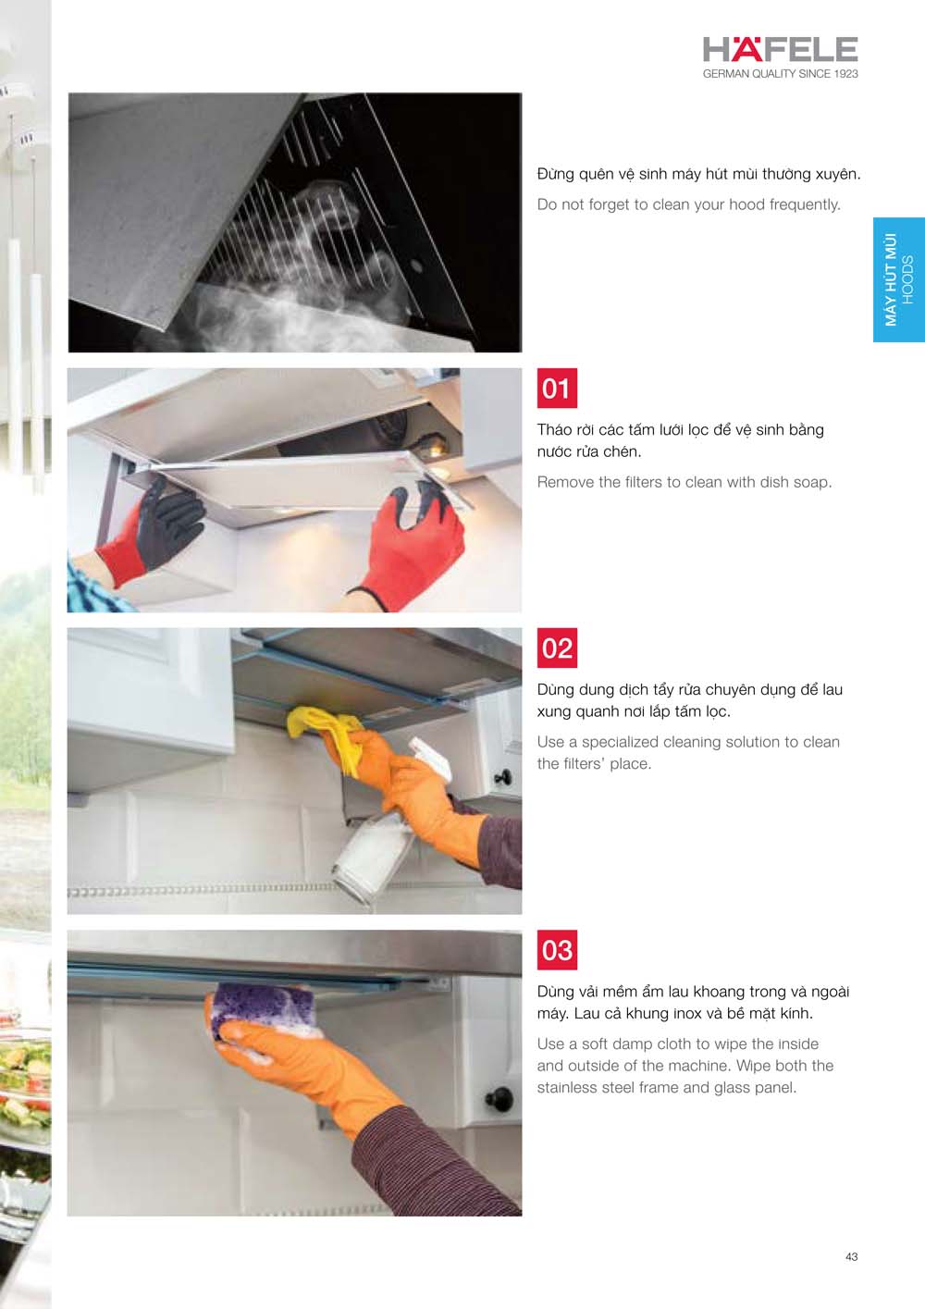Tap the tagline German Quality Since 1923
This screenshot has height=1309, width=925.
pos(780,74)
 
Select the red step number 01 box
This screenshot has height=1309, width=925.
pos(557,388)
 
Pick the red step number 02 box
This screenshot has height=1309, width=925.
pos(557,648)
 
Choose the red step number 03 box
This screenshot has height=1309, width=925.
pos(557,950)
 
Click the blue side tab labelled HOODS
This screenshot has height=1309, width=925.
pos(899,279)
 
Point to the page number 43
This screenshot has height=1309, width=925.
pos(851,1256)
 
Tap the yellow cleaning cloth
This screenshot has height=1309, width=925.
pos(325,731)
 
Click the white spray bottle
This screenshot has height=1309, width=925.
pos(386,830)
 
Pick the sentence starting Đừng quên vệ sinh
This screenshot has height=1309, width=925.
pos(699,174)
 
